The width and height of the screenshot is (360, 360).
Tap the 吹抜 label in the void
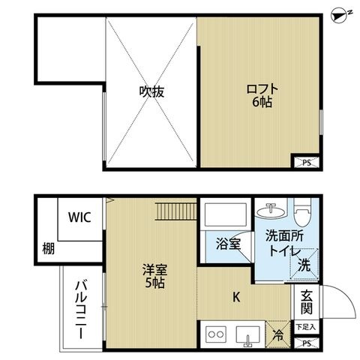(x=151, y=91)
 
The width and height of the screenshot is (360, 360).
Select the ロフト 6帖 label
(x=262, y=96)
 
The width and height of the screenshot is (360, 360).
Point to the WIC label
(x=79, y=217)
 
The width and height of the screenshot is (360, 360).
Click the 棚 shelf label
(x=48, y=248)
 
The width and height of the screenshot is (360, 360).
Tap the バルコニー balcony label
(x=81, y=310)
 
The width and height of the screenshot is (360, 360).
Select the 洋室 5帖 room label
(x=154, y=276)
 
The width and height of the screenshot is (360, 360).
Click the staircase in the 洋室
(x=175, y=211)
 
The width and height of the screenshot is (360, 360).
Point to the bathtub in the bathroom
(x=226, y=214)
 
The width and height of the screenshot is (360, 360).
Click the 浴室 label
(x=229, y=244)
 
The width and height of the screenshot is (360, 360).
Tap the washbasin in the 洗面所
(x=271, y=211)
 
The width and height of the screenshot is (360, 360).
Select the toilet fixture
(x=302, y=212)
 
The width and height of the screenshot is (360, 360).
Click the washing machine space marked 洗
(x=304, y=264)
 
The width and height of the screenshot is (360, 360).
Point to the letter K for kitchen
(x=236, y=297)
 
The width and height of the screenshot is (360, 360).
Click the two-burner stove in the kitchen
(x=216, y=334)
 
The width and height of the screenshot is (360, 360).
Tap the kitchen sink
(x=248, y=336)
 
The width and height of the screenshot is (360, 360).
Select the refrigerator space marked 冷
(x=277, y=334)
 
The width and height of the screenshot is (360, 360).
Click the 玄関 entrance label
(x=307, y=302)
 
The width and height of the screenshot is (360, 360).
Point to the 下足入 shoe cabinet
(x=305, y=327)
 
